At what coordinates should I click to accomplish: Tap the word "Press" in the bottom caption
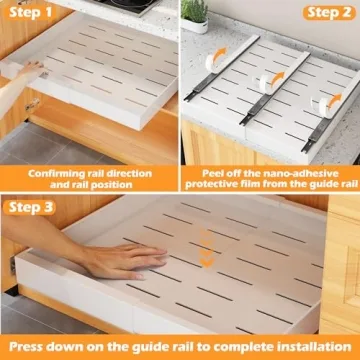(x=35, y=345)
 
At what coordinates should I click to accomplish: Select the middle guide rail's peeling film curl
(x=268, y=81)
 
